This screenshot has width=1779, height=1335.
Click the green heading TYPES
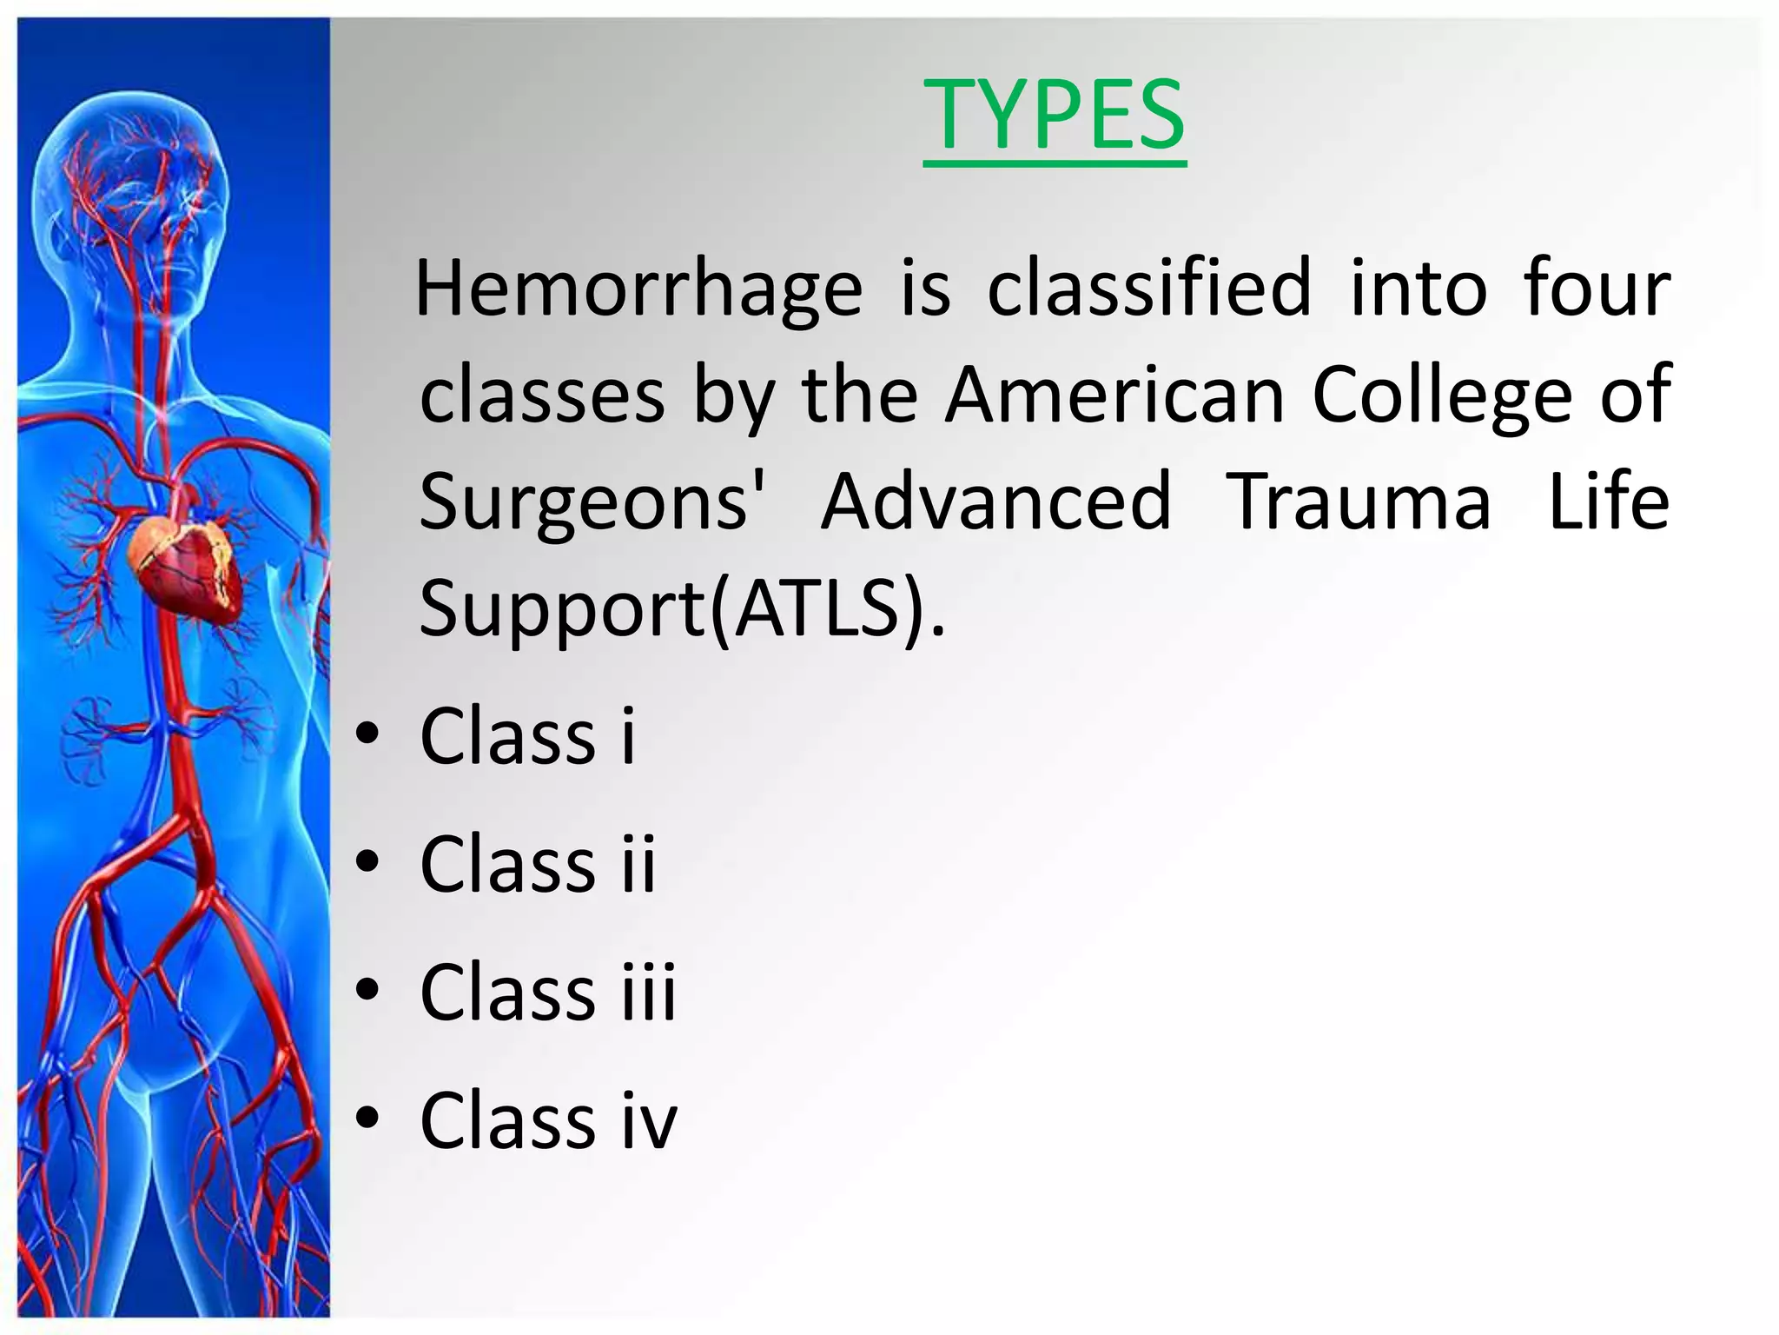[1054, 116]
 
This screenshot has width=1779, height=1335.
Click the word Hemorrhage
[638, 289]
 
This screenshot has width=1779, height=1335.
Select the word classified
[1148, 289]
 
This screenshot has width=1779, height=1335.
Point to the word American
[1114, 395]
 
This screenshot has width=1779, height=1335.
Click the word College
[1442, 395]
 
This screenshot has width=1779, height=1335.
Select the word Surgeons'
[592, 502]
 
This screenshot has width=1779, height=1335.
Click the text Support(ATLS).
[681, 608]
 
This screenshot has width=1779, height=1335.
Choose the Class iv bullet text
[547, 1120]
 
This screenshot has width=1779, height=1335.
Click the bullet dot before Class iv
[367, 1119]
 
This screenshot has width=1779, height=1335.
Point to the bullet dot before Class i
[367, 734]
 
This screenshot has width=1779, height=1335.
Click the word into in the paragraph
[1419, 289]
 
